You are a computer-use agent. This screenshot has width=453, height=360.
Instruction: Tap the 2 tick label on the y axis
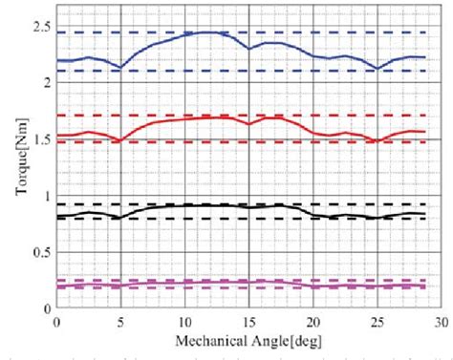(x=45, y=81)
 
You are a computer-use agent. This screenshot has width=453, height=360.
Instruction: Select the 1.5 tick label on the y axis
(x=39, y=138)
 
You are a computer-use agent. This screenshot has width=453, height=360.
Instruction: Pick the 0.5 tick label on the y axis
(x=39, y=252)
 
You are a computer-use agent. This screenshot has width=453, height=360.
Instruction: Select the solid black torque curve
(x=210, y=204)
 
